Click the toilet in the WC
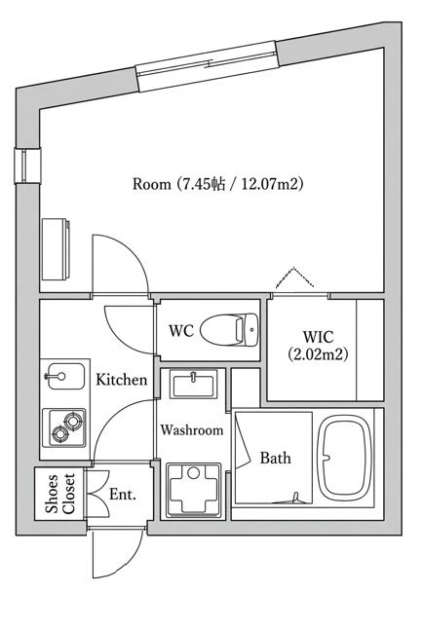[229, 330]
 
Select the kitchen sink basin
[65, 376]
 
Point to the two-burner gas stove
[64, 427]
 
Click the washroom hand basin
[194, 384]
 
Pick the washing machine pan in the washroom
[194, 490]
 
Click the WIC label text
[318, 337]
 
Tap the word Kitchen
[121, 380]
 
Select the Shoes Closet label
[60, 494]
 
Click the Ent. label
[123, 495]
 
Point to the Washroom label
[192, 430]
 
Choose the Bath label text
[275, 458]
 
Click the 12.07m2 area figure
[271, 184]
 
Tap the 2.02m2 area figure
[318, 354]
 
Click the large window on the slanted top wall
[208, 66]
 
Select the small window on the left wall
[27, 166]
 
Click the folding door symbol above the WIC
[295, 277]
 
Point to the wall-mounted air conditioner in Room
[56, 249]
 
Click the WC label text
[181, 331]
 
